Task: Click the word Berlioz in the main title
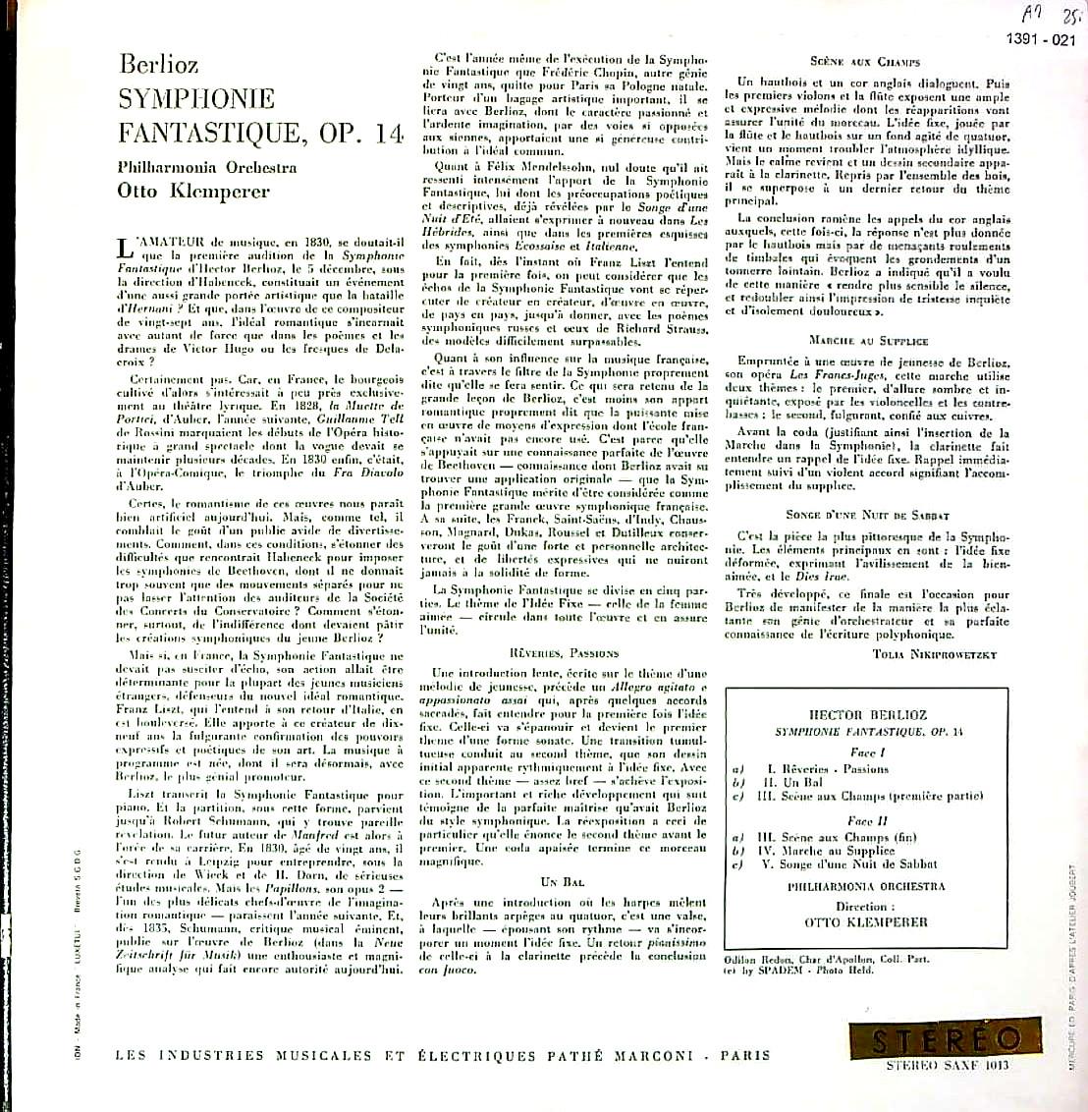(x=158, y=65)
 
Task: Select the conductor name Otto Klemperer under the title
(x=192, y=191)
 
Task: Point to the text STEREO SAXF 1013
(x=947, y=1066)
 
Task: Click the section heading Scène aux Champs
(x=865, y=61)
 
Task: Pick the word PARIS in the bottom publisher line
(x=745, y=1056)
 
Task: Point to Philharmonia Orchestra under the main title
(x=207, y=167)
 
